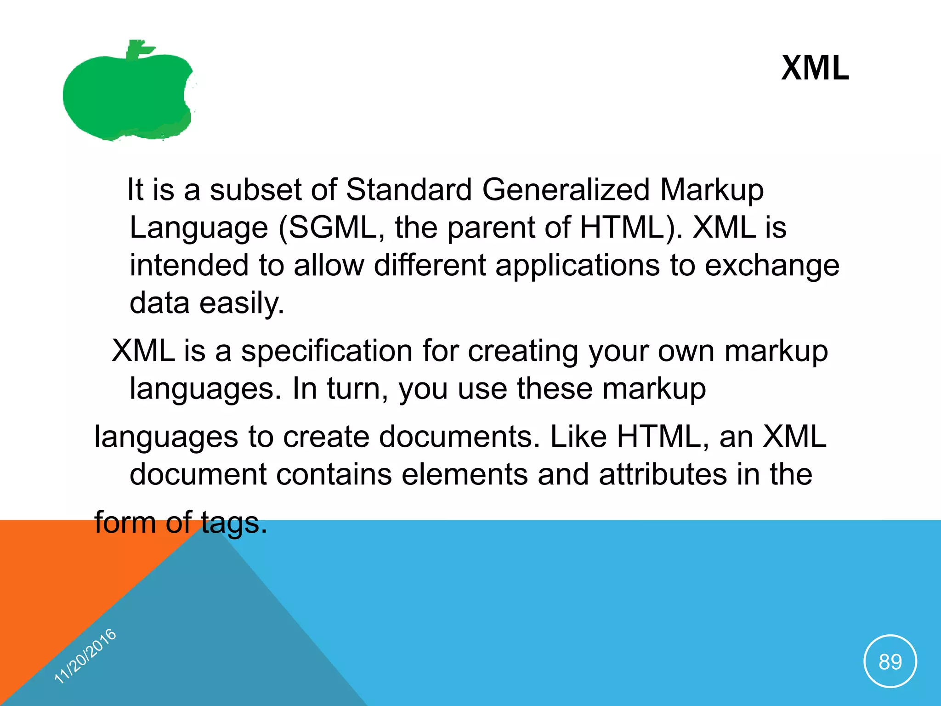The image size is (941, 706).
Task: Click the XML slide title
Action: (815, 68)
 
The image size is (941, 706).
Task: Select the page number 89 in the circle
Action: (890, 662)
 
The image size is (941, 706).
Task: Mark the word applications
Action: (578, 266)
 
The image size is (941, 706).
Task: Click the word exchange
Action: (772, 266)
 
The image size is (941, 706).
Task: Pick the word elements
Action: (465, 474)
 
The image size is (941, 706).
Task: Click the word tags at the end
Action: (233, 523)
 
